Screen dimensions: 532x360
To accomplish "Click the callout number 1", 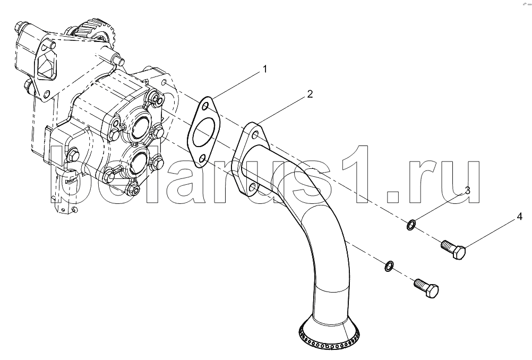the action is click(265, 69).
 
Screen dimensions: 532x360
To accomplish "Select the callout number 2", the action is click(310, 94).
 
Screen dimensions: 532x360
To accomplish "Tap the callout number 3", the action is click(467, 190).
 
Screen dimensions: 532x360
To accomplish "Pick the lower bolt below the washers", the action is click(426, 288).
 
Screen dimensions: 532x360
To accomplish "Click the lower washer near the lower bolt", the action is click(390, 266).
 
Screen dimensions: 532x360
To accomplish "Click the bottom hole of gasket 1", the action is click(203, 158).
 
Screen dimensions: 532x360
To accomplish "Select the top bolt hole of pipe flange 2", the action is click(255, 134).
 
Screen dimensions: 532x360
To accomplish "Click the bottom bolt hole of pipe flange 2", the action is click(252, 186).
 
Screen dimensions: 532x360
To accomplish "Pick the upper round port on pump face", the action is click(140, 126).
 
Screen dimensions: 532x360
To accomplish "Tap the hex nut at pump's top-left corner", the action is click(19, 26).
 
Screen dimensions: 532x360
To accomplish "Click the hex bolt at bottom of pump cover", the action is click(134, 190).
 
